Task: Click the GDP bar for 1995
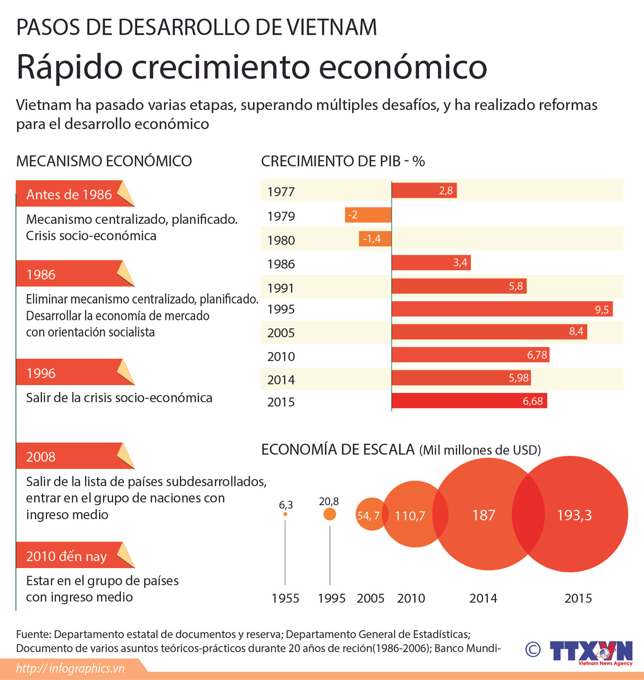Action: point(502,309)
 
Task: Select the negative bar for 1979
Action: point(368,215)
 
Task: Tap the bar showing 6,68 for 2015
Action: point(469,401)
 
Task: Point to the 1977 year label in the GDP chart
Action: point(281,192)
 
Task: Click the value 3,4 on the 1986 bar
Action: point(460,262)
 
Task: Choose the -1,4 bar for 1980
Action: point(375,239)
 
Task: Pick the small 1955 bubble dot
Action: point(285,514)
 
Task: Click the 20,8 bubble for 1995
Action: point(329,514)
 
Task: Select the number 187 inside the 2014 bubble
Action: point(483,515)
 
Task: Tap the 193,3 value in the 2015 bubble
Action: point(574,515)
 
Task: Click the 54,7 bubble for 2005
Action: point(369,515)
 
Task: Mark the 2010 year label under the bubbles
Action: point(411,598)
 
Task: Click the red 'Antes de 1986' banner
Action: point(69,194)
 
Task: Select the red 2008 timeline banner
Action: point(69,456)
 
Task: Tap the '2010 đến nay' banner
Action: point(69,556)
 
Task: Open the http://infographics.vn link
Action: point(70,669)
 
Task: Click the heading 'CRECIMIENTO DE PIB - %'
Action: point(343,161)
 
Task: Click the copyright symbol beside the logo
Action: point(533,649)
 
